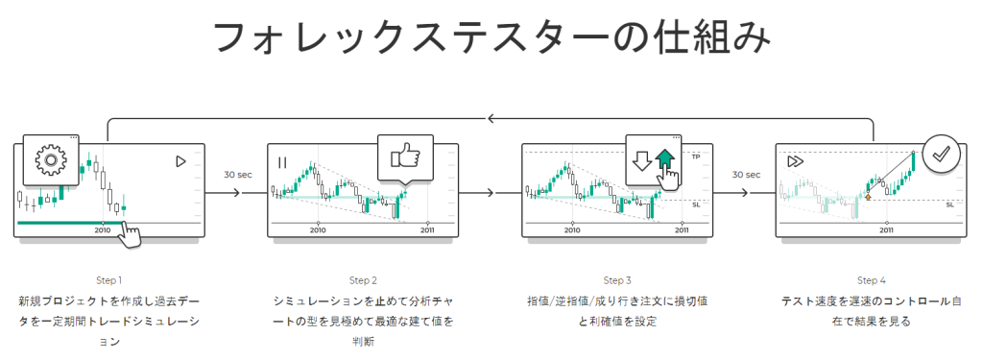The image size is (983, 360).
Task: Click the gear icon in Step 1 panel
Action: coord(50,160)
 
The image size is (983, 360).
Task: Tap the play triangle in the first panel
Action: coord(180,162)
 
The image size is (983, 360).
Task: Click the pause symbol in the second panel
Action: coord(282,162)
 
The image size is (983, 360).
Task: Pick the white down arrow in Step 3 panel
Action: coord(642,161)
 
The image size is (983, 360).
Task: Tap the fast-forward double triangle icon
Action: coord(795,161)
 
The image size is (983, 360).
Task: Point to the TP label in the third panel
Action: coord(695,156)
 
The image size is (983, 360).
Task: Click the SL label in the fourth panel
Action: coord(949,204)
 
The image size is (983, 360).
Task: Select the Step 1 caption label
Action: coord(109,280)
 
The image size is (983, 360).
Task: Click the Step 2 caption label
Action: coord(363,280)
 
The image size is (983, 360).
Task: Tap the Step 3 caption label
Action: coord(617,280)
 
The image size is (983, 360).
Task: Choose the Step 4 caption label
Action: coord(872,280)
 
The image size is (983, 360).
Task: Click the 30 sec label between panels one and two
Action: coord(238,175)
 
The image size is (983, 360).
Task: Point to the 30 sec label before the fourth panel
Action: coord(746,175)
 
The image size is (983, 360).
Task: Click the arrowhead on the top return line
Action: coord(491,118)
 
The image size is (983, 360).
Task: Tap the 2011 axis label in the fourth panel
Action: coord(886,230)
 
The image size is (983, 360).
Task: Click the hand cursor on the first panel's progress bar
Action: coord(130,234)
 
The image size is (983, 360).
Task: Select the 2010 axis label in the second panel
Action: coord(319,230)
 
